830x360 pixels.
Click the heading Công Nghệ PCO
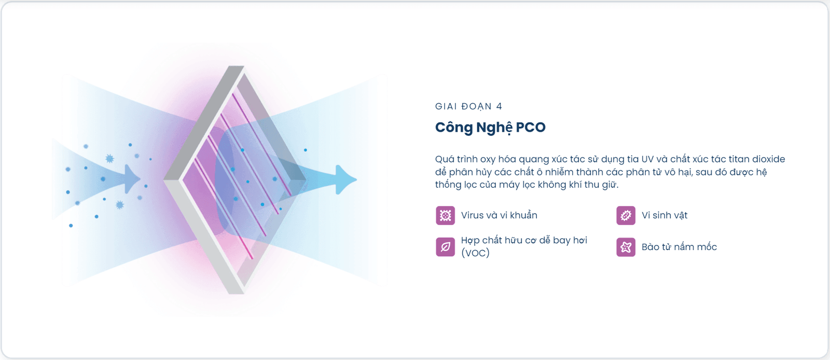(490, 128)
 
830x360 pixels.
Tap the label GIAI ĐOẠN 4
(469, 107)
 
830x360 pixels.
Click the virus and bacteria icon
(445, 216)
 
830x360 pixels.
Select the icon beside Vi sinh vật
(626, 216)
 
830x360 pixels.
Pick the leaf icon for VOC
(445, 247)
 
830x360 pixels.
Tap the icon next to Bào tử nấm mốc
(626, 247)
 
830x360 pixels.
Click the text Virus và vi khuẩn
(499, 215)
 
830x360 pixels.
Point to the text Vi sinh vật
(665, 215)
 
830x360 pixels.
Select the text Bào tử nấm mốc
(679, 247)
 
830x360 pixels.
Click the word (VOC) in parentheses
(475, 253)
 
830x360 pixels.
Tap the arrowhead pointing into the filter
(132, 179)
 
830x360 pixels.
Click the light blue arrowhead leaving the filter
(346, 179)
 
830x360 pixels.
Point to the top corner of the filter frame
(236, 66)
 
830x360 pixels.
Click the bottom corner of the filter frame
(236, 293)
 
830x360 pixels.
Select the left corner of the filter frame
(164, 180)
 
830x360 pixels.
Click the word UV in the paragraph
(647, 159)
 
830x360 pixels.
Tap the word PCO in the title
(531, 128)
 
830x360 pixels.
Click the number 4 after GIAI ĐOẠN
(499, 107)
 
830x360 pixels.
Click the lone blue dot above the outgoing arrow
(306, 150)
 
